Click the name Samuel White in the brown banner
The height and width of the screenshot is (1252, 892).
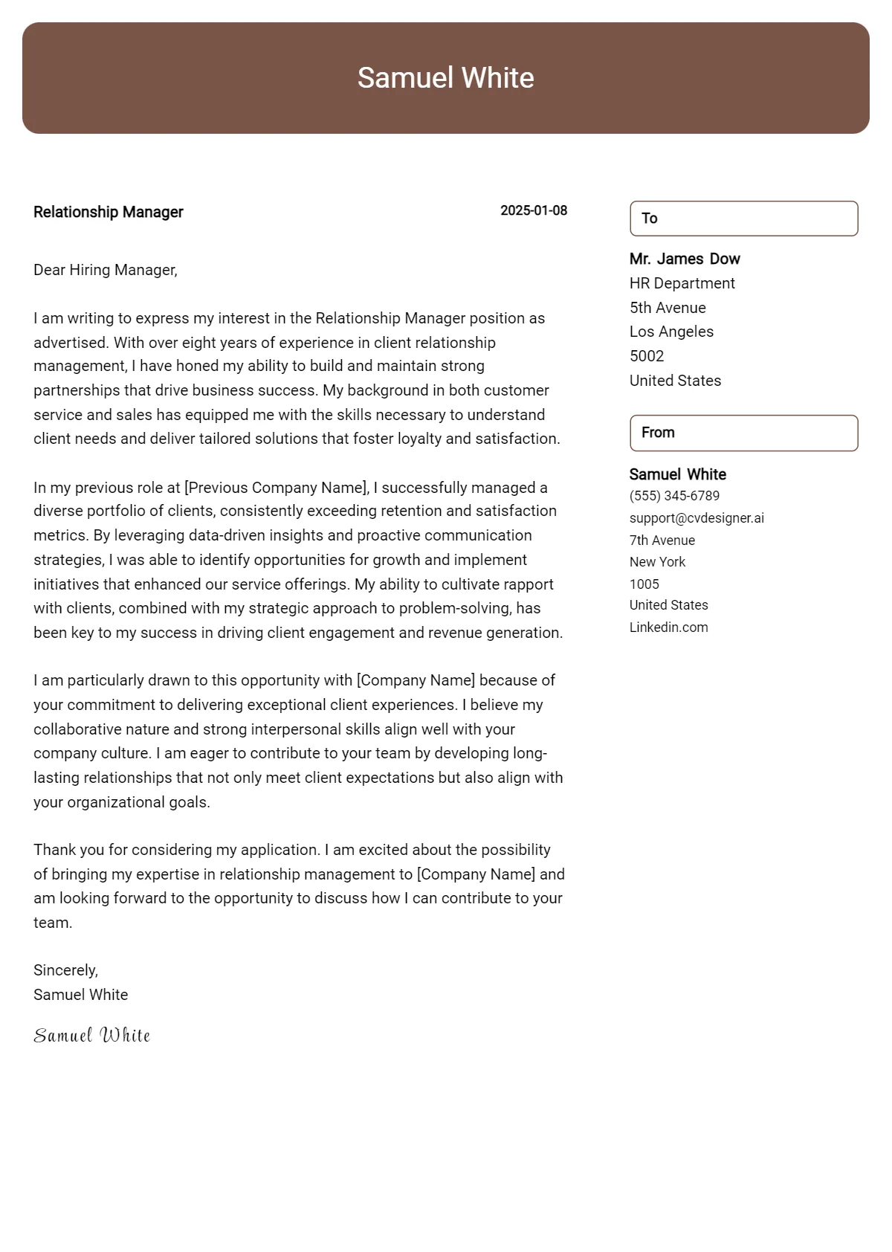(445, 78)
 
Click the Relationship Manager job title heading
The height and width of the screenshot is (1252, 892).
(109, 212)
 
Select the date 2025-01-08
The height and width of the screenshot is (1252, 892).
(534, 210)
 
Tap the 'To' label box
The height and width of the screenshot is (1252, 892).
(743, 219)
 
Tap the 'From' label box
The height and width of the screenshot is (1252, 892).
(743, 433)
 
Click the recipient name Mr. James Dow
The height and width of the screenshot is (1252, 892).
(685, 259)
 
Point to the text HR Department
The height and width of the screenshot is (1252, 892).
(682, 283)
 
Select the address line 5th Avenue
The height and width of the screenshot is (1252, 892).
(668, 308)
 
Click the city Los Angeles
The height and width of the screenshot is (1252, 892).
(671, 332)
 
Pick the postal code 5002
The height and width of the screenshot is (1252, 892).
(647, 356)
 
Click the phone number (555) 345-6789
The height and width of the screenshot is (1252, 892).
(674, 496)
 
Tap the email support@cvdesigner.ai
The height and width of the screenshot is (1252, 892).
(697, 518)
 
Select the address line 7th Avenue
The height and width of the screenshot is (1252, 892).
(662, 541)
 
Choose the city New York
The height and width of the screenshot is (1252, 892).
(657, 562)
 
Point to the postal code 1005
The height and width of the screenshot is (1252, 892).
(644, 584)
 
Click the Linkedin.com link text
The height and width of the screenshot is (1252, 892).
(668, 627)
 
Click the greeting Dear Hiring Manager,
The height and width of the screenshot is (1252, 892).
(106, 270)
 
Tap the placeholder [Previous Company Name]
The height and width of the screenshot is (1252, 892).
(276, 488)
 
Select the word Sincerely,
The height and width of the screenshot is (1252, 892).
(65, 970)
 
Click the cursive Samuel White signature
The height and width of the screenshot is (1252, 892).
(92, 1035)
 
